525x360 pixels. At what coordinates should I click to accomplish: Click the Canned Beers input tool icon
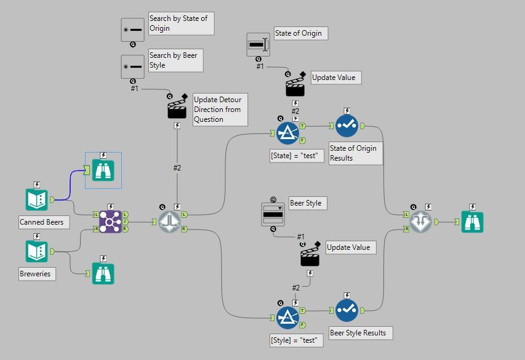[37, 199]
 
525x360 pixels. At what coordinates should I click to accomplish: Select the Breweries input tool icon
[37, 251]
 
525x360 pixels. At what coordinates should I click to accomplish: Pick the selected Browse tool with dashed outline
[103, 169]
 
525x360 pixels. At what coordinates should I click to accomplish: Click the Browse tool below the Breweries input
[103, 273]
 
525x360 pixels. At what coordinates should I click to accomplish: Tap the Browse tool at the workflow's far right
[472, 222]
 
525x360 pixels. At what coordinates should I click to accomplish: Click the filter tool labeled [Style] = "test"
[287, 318]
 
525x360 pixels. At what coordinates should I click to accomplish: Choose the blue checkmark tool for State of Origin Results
[347, 126]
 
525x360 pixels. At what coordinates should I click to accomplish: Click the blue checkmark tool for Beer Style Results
[347, 310]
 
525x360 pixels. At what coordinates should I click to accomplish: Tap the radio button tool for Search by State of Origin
[132, 29]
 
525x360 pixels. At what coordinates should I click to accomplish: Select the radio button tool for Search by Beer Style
[132, 66]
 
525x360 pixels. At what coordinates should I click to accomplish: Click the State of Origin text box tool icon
[258, 44]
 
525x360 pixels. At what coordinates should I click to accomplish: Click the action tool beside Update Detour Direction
[177, 108]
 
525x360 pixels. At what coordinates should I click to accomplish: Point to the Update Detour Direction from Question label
[218, 109]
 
